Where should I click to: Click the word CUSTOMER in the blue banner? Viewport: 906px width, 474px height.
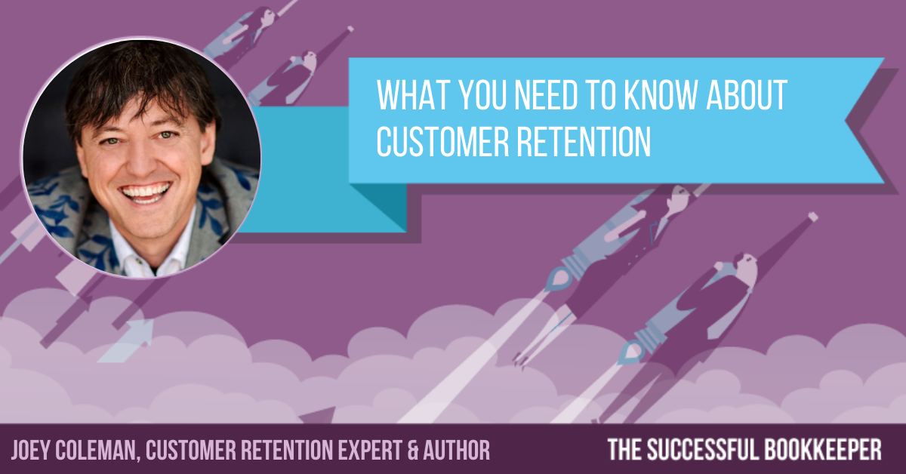442,142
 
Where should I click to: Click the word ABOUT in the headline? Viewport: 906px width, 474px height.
747,94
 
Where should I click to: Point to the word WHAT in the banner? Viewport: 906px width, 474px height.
414,94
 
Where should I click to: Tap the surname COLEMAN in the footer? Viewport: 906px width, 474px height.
97,451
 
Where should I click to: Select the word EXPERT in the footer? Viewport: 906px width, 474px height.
370,450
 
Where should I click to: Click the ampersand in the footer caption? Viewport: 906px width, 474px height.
412,450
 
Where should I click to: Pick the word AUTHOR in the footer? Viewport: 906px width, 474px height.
457,450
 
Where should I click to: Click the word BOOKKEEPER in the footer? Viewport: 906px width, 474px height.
823,449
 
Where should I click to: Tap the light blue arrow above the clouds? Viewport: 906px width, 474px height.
130,339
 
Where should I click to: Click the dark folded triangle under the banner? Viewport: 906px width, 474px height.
378,208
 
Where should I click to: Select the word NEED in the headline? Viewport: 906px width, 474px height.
545,94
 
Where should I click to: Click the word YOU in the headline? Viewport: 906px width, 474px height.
482,94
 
